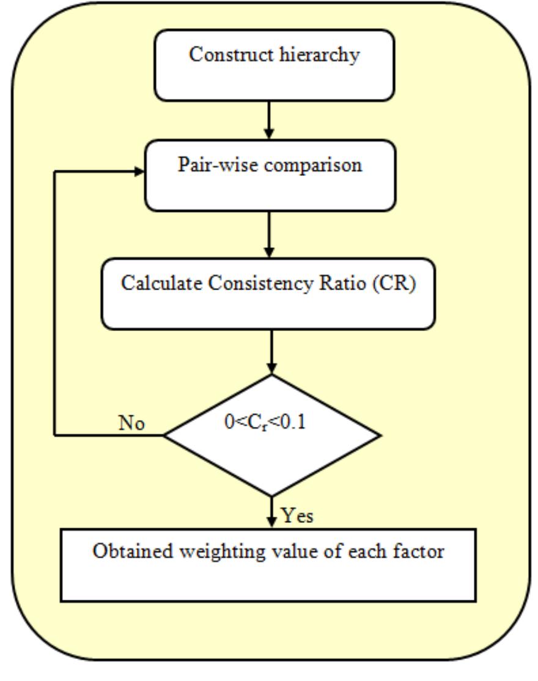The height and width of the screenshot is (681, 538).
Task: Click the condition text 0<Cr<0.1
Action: pyautogui.click(x=265, y=423)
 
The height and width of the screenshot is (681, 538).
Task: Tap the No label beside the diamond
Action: pyautogui.click(x=131, y=423)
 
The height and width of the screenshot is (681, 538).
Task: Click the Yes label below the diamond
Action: pyautogui.click(x=298, y=516)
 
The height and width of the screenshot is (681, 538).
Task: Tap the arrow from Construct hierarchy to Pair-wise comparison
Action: pyautogui.click(x=270, y=120)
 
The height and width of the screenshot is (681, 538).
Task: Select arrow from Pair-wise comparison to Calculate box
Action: pyautogui.click(x=270, y=235)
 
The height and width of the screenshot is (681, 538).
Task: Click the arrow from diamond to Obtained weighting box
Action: pyautogui.click(x=271, y=512)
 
